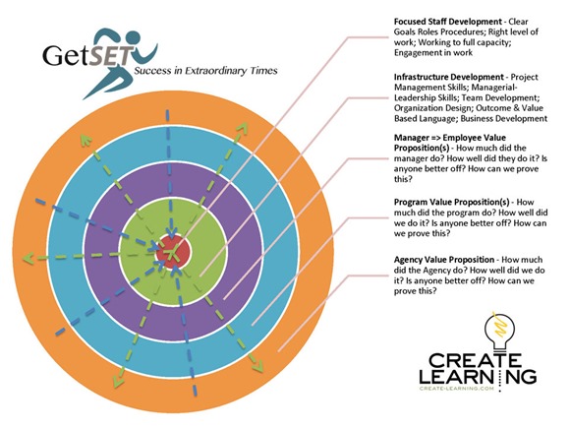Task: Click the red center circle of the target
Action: coord(173,252)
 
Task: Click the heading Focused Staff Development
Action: coord(448,22)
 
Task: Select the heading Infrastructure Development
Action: coord(449,77)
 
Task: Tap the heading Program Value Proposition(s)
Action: coord(451,203)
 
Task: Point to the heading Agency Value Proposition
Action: coord(444,260)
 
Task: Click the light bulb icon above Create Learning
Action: coord(500,331)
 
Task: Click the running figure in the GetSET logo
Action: coord(120,62)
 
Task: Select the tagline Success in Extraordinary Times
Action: coord(205,71)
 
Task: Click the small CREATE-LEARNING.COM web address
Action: coord(457,389)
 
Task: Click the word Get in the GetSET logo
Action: coord(66,55)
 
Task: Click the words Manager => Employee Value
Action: coord(450,138)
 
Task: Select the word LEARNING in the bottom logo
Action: coord(478,376)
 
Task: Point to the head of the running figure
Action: coord(133,36)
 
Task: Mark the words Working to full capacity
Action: coord(464,42)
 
